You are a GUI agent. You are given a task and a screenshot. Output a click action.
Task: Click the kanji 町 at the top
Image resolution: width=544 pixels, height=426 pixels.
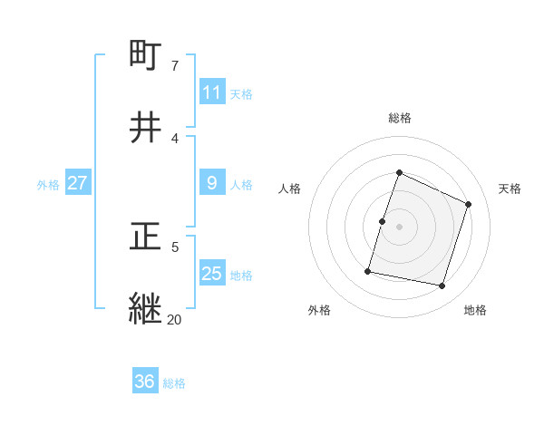click(146, 56)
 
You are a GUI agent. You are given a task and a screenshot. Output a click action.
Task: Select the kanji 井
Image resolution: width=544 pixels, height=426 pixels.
click(146, 129)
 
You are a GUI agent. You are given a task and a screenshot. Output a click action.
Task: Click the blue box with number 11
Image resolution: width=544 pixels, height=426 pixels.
click(212, 92)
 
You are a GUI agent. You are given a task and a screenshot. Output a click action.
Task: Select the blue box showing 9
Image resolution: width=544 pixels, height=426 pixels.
click(212, 183)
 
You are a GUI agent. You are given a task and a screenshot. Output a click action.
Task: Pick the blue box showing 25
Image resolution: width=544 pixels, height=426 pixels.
click(212, 274)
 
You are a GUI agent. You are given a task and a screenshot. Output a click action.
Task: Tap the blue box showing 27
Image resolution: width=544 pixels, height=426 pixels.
click(77, 183)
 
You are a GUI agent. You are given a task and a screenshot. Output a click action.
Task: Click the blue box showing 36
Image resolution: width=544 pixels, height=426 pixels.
click(145, 382)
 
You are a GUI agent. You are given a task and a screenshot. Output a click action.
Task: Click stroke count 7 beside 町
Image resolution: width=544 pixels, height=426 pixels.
click(175, 65)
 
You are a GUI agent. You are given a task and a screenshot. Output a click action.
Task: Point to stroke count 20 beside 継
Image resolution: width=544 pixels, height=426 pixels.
click(175, 319)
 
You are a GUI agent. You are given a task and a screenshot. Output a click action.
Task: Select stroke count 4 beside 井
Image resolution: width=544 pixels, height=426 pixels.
click(175, 138)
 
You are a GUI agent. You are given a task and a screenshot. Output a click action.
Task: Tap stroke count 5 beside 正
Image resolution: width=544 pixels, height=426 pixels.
click(175, 247)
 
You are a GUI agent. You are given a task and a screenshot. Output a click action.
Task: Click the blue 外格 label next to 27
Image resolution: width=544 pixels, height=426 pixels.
click(48, 184)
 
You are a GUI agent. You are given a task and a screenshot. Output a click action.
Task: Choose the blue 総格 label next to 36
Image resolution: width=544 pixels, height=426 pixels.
click(174, 382)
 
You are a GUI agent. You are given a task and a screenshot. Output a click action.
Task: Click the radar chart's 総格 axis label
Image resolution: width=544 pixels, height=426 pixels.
click(399, 118)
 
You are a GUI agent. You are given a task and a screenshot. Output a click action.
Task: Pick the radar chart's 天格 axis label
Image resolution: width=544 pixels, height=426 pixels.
click(510, 189)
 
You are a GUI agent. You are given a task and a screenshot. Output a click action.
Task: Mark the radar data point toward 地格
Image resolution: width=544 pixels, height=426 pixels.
click(442, 286)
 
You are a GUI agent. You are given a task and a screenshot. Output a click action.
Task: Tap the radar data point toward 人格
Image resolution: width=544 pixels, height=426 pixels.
click(382, 221)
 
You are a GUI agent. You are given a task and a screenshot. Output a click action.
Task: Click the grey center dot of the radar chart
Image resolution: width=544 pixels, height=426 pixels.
click(399, 227)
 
